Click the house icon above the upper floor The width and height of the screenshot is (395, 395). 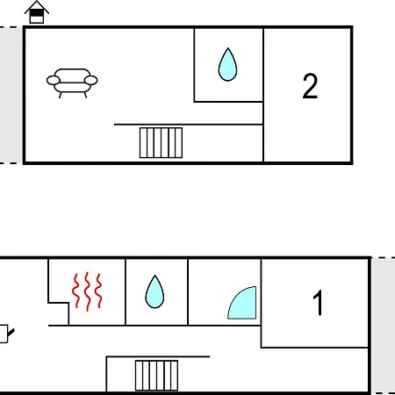37,12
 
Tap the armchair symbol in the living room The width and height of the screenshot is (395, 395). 72,83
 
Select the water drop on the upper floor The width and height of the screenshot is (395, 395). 227,64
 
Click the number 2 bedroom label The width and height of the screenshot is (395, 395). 310,86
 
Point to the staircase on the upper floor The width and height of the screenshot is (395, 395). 161,143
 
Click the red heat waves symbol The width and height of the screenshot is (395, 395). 87,291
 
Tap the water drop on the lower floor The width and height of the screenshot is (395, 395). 154,291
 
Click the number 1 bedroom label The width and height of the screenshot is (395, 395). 318,303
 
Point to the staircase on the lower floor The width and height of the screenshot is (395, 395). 156,376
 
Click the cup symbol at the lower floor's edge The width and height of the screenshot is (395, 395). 5,334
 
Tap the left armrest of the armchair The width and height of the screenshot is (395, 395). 54,80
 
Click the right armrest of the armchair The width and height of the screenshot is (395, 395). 90,80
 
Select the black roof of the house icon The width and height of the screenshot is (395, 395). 37,6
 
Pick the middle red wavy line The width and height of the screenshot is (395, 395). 87,291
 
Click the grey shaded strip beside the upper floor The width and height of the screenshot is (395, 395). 11,95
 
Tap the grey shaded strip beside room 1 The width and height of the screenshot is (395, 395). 384,326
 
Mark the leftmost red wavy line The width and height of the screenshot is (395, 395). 76,291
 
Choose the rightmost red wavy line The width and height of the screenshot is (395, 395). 99,291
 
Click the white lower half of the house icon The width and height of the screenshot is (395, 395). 37,19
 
